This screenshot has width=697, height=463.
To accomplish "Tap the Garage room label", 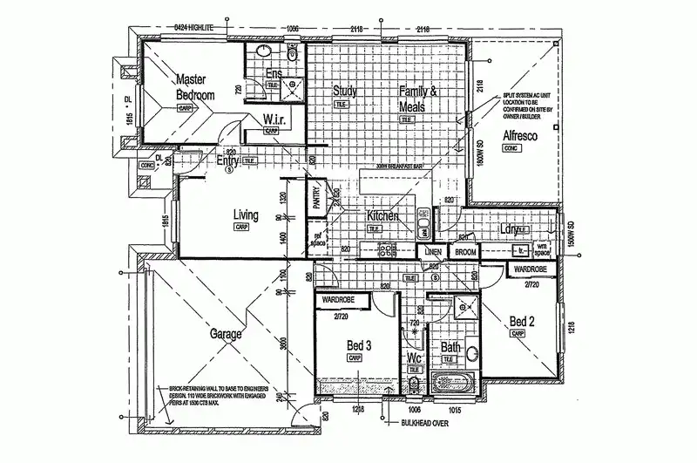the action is coord(225,333).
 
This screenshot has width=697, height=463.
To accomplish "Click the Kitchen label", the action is coord(382,215).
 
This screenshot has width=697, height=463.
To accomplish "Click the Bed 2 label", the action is coord(522,320).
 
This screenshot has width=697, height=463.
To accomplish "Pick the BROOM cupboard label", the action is coord(465,252).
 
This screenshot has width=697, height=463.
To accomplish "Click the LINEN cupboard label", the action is coord(430,252).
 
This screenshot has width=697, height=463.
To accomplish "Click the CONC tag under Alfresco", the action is coord(511,149).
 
